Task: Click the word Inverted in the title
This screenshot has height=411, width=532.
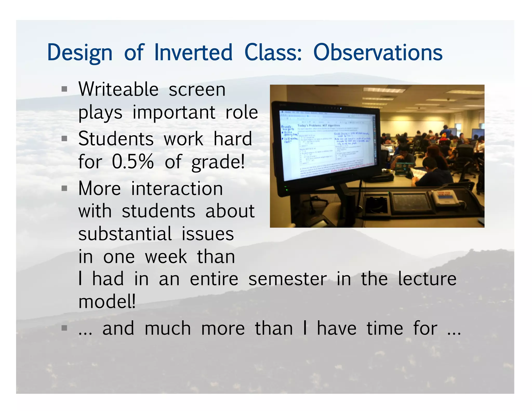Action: coord(193,52)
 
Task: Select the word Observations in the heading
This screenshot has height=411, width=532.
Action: coord(378,52)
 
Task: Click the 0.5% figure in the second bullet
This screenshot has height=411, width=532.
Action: coord(133,162)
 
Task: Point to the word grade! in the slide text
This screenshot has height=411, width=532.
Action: coord(218,162)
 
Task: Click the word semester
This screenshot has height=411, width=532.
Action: coord(287,279)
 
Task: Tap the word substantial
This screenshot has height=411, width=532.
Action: coord(125,234)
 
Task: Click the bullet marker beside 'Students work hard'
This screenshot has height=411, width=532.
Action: coord(64,139)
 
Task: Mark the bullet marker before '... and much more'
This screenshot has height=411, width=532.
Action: coord(64,328)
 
